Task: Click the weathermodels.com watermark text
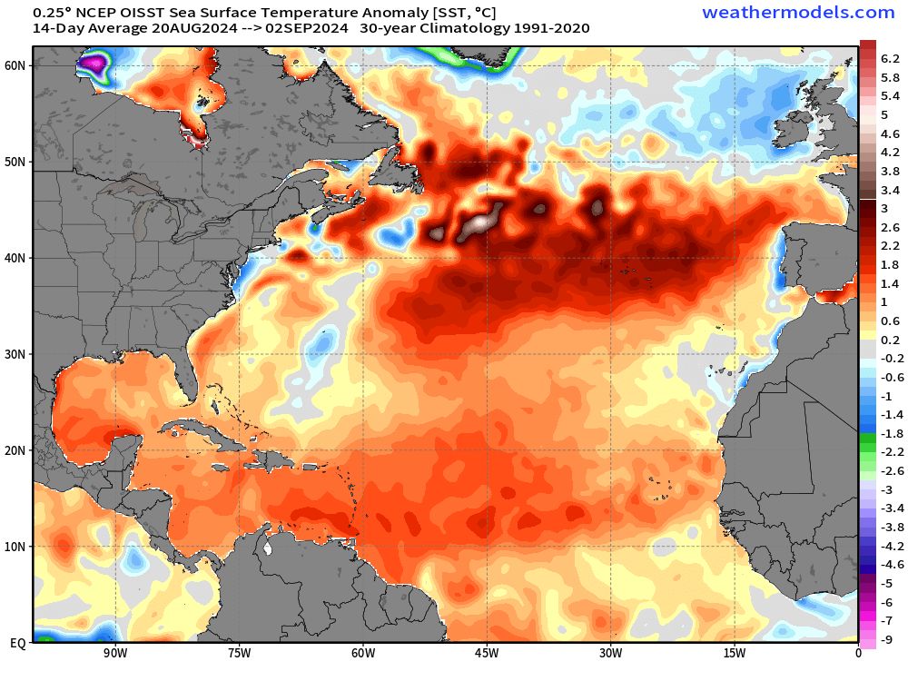(x=798, y=12)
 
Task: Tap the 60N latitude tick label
(x=16, y=65)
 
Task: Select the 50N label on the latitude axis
(x=16, y=162)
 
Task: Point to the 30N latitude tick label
(x=16, y=354)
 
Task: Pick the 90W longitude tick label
(x=113, y=652)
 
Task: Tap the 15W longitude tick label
(x=734, y=652)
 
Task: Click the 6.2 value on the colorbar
(x=890, y=58)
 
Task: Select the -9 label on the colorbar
(x=887, y=639)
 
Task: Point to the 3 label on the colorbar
(x=884, y=208)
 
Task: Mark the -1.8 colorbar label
(x=890, y=433)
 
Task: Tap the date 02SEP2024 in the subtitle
(x=306, y=28)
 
